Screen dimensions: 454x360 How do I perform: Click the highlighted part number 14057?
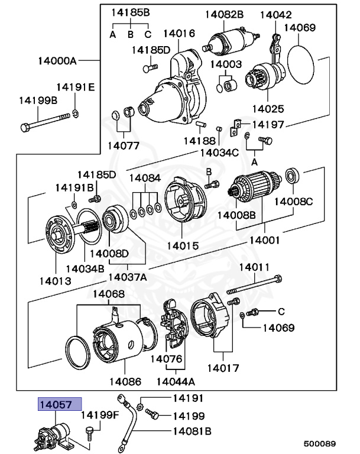(x=56, y=405)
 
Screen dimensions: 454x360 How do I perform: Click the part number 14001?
(x=264, y=241)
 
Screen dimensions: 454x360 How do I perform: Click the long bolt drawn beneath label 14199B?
(x=44, y=127)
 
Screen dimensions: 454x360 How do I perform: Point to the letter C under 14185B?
(x=148, y=34)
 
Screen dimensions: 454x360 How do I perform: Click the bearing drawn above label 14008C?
(x=293, y=176)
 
